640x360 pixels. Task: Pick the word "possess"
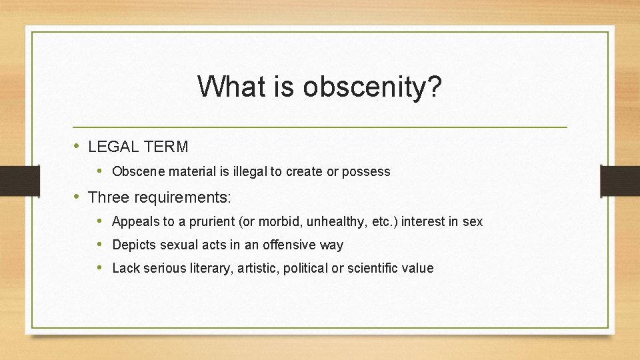tap(366, 171)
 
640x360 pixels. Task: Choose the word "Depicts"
tap(133, 245)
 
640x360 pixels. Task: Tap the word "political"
tap(309, 269)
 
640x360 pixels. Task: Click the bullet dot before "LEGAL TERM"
tap(77, 145)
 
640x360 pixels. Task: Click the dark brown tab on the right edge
tap(619, 181)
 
